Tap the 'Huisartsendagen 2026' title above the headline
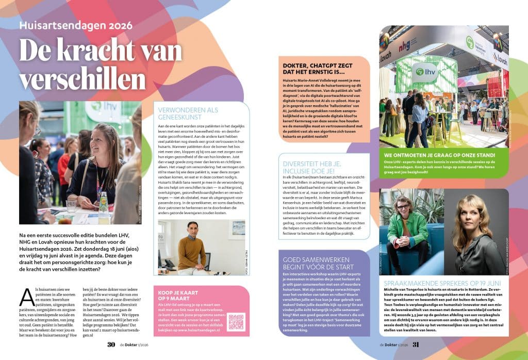click(x=76, y=25)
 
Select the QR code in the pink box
click(x=236, y=322)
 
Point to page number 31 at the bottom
click(x=416, y=345)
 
